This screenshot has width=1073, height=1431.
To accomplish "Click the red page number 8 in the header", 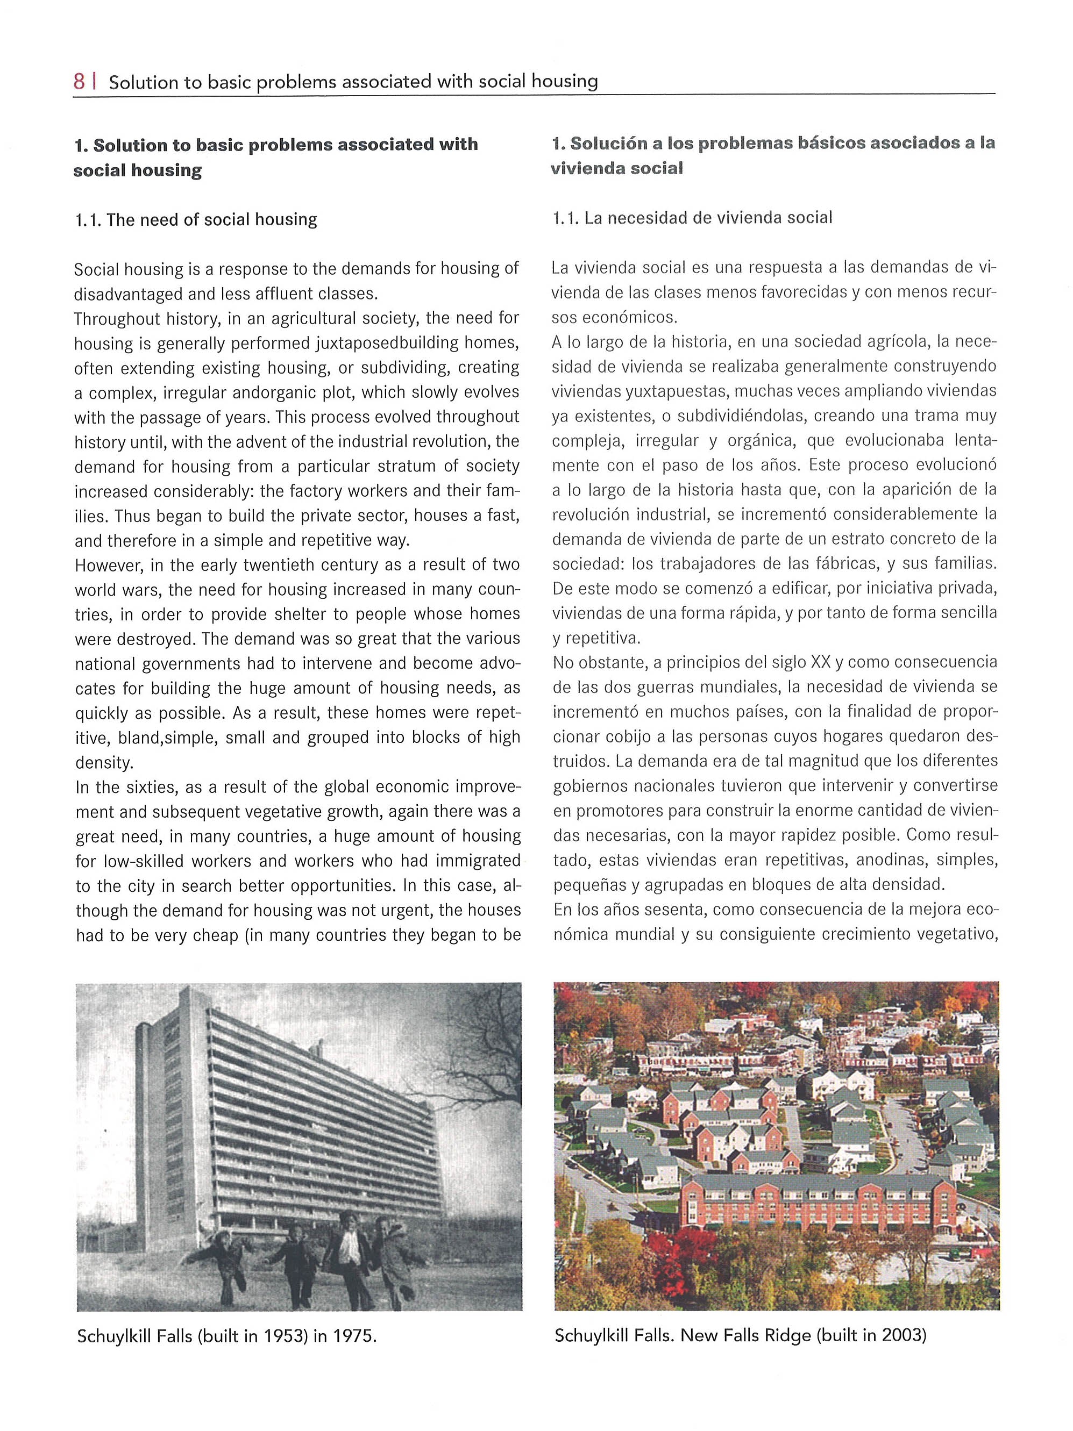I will point(79,82).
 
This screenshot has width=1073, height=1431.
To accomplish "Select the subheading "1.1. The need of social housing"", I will point(195,220).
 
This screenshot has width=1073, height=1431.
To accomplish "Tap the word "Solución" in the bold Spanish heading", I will point(605,143).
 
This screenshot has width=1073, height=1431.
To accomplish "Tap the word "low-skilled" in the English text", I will point(151,862).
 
